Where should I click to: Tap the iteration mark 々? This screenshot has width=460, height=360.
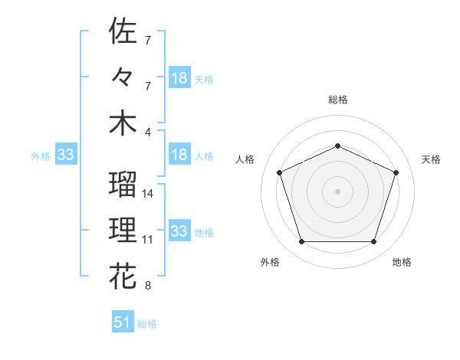[x=123, y=77]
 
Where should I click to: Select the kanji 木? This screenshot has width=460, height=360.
[x=123, y=123]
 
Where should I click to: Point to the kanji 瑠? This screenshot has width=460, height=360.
[x=123, y=184]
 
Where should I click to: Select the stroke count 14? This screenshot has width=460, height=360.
[x=148, y=194]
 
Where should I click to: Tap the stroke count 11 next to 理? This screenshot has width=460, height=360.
[x=148, y=240]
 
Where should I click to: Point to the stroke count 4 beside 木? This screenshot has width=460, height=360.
[x=147, y=132]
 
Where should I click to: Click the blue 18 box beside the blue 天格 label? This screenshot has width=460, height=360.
[x=179, y=78]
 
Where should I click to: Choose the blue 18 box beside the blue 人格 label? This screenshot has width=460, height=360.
[x=179, y=155]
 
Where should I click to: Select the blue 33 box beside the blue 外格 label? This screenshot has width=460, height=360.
[x=66, y=155]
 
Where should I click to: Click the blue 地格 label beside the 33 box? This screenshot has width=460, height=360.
[x=205, y=232]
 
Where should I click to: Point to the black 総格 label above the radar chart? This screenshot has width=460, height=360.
[x=337, y=100]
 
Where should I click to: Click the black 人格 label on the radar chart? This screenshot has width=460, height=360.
[x=246, y=159]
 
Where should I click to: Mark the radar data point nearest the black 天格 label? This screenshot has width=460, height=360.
[x=396, y=172]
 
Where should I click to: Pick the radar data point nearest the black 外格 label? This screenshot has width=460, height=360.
[x=301, y=242]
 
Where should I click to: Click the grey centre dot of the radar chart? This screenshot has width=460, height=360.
[x=337, y=191]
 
